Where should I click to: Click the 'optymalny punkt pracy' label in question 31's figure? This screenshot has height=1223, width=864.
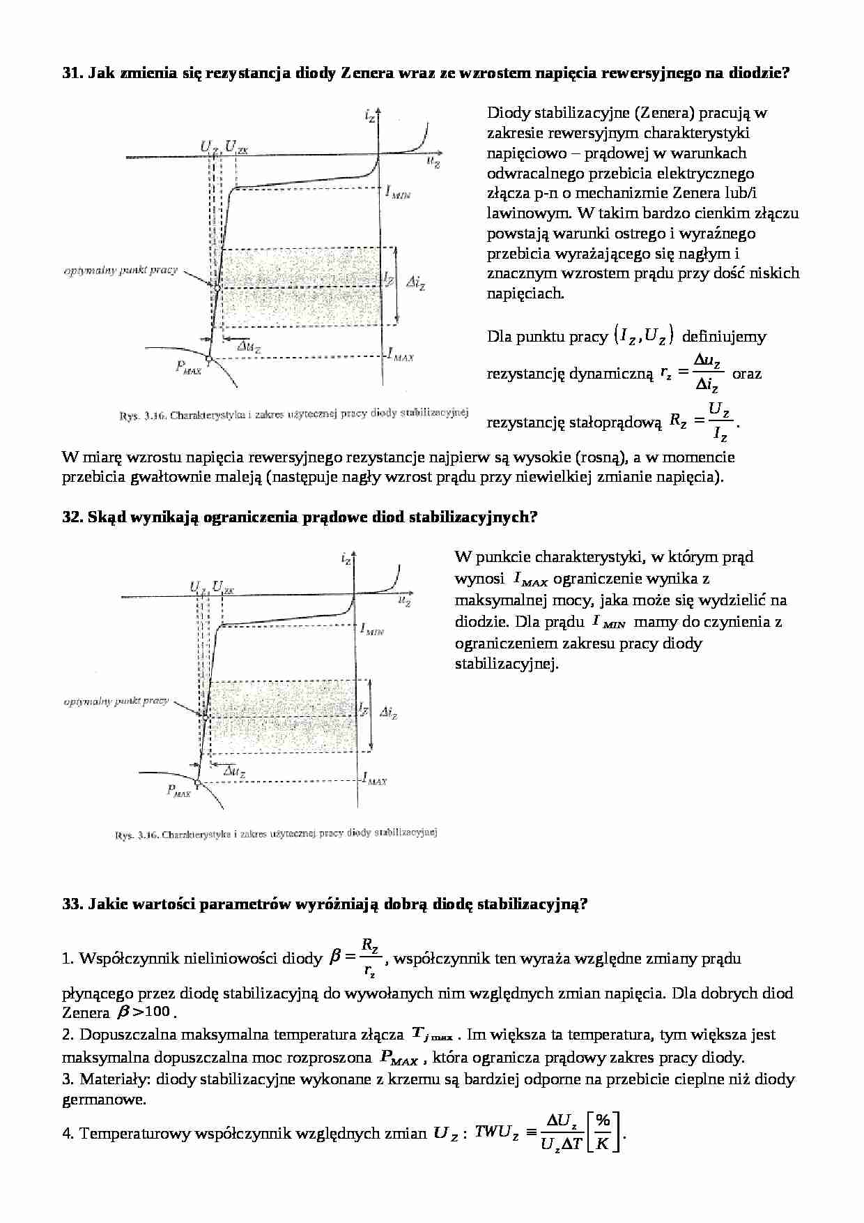[x=121, y=270]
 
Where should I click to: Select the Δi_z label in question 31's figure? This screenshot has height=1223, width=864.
[x=417, y=282]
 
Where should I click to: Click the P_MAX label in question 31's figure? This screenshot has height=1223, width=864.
[x=188, y=367]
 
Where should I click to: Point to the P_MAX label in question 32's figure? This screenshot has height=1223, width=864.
[x=178, y=791]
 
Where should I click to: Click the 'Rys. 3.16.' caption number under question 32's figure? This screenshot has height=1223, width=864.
[x=136, y=834]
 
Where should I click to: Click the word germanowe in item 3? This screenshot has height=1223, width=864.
[x=104, y=1100]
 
